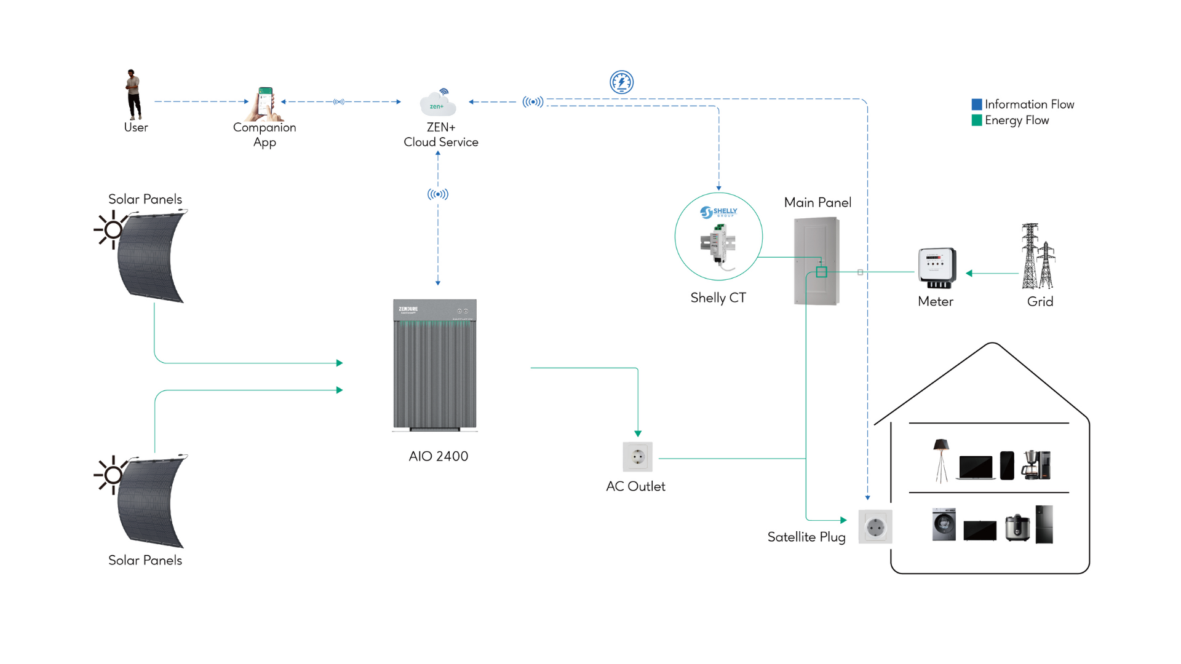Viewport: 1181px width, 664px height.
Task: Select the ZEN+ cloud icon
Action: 438,104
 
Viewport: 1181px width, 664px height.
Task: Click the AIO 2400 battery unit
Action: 435,365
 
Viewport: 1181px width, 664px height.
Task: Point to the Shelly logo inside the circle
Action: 718,212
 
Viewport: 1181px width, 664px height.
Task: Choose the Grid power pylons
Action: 1038,256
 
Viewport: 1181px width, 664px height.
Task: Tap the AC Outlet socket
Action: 637,457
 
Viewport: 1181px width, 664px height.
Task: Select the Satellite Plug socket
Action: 875,526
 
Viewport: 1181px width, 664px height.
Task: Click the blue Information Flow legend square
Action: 977,105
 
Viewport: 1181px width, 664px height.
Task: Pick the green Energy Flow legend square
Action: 977,121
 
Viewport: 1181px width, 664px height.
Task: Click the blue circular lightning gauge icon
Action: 621,82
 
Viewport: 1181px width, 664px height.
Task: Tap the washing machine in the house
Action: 944,524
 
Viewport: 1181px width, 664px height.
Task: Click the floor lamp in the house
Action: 940,460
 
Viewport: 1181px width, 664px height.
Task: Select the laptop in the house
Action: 976,467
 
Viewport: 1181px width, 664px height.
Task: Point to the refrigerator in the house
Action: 1044,524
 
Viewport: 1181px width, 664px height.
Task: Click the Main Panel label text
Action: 817,202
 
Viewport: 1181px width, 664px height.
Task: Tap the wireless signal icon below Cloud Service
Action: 438,194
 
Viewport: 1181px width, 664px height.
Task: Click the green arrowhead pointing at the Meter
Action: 969,273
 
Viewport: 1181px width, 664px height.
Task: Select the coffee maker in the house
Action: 1036,465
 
